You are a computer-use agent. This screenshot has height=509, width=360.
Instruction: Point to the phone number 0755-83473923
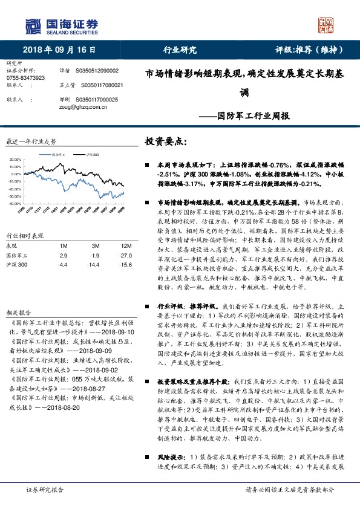(25, 79)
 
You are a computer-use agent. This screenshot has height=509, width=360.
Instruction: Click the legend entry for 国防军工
(62, 155)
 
